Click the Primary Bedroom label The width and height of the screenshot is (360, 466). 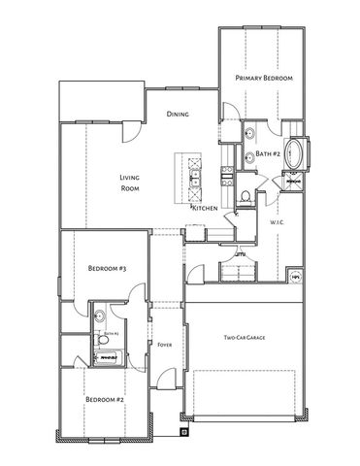[x=265, y=78]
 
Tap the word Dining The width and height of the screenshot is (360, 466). [x=177, y=114]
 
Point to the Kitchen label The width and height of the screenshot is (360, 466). [x=204, y=208]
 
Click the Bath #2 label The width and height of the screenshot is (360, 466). [x=268, y=153]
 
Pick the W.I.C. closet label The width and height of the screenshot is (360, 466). [x=276, y=222]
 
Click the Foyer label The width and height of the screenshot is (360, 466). [x=164, y=344]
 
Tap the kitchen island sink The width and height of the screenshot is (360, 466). [x=194, y=181]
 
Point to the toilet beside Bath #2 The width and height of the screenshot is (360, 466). [x=246, y=197]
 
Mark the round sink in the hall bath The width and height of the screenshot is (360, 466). [x=101, y=315]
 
